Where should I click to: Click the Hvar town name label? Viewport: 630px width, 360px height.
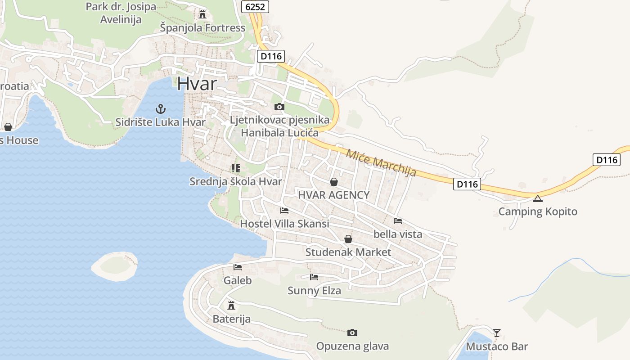197,84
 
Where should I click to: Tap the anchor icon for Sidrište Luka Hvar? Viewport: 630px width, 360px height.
160,108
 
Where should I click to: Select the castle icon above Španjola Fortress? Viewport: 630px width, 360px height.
202,14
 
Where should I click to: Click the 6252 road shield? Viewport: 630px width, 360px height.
255,6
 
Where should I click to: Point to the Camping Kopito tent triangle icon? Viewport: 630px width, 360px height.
538,198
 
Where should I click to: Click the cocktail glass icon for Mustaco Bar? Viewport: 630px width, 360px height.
496,333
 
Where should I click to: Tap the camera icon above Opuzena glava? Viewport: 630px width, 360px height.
352,333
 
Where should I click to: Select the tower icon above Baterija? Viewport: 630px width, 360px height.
231,305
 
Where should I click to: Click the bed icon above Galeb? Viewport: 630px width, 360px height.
238,267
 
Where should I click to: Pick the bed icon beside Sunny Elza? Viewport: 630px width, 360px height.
314,277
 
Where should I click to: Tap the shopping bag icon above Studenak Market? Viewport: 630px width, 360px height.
348,239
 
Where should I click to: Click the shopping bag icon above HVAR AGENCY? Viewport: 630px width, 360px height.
334,182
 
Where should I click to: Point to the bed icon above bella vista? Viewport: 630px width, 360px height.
398,220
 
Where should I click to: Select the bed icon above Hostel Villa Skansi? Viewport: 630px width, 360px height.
284,210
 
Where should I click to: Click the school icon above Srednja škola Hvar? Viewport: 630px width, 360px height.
235,168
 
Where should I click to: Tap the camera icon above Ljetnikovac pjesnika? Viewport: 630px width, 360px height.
279,107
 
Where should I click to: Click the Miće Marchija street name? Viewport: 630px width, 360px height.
381,162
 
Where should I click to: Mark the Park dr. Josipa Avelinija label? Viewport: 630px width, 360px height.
121,13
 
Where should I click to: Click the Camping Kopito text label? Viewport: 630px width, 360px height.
538,211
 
